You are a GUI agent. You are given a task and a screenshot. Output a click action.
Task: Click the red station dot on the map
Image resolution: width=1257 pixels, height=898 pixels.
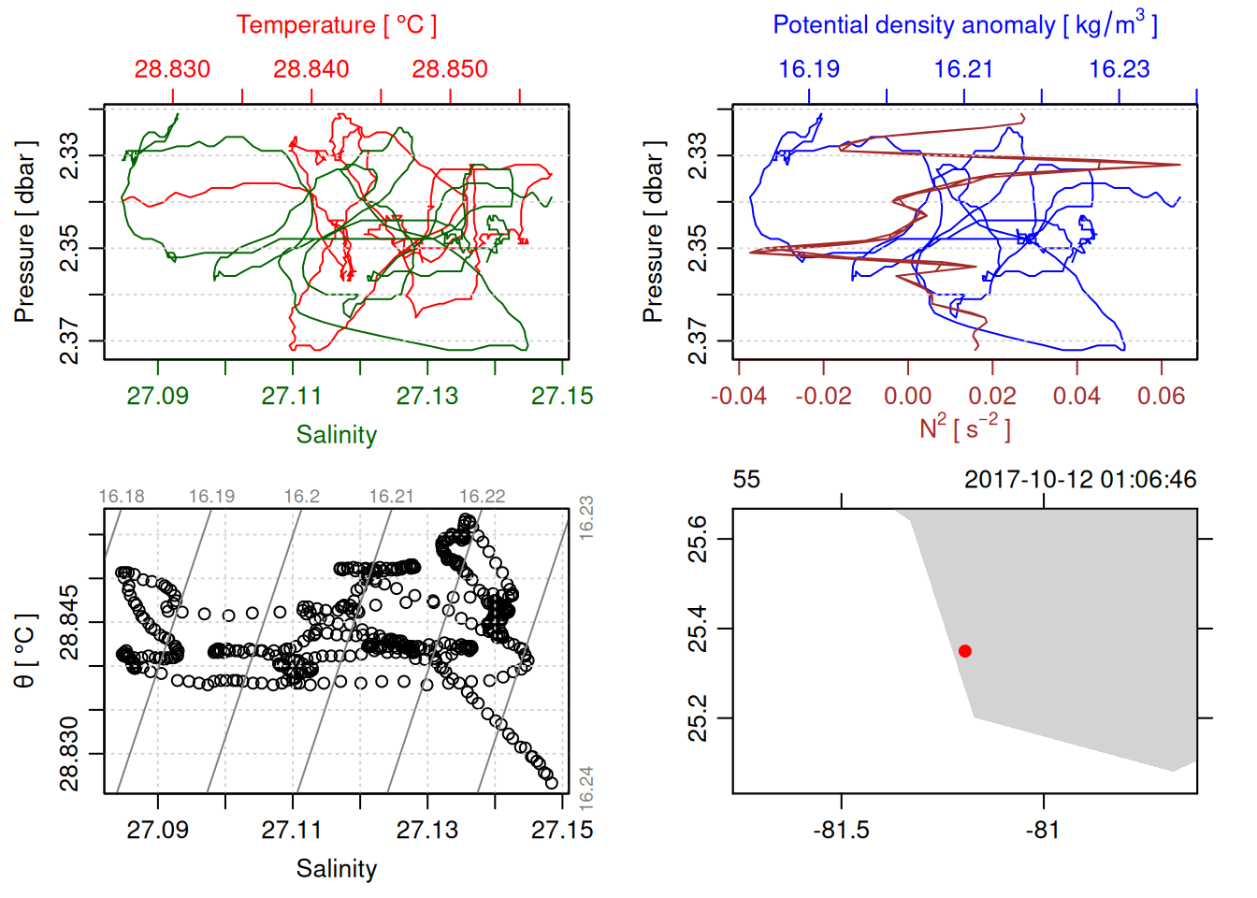click(964, 651)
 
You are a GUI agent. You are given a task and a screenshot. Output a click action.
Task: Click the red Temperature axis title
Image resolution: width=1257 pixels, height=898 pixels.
click(336, 25)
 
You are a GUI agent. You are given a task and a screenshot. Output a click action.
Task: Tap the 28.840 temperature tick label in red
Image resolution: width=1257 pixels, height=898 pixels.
click(311, 69)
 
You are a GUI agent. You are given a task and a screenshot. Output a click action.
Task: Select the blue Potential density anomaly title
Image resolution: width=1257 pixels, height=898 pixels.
click(964, 24)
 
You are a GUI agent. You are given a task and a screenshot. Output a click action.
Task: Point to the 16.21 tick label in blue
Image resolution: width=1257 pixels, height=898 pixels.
click(963, 69)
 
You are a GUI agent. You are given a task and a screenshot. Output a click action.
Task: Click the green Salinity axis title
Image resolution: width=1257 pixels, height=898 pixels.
click(336, 435)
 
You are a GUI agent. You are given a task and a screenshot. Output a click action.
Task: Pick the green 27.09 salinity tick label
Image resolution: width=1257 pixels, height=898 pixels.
click(157, 396)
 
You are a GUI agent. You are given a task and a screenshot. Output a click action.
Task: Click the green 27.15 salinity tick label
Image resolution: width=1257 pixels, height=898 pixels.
click(562, 396)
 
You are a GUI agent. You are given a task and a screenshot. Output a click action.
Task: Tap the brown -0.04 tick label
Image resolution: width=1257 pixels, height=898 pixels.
click(738, 397)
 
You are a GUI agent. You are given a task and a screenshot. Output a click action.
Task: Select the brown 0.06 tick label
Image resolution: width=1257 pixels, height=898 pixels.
click(1161, 397)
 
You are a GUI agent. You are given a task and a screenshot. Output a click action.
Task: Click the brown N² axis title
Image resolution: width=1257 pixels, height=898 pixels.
click(964, 428)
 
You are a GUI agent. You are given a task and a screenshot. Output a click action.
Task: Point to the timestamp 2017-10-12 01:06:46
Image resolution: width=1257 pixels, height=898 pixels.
click(1080, 480)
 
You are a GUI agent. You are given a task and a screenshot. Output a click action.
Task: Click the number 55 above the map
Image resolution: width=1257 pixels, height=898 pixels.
click(746, 480)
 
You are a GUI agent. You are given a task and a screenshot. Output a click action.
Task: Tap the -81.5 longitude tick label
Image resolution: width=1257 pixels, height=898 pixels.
click(841, 831)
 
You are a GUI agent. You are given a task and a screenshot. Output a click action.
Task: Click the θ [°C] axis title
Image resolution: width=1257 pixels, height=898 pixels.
click(24, 650)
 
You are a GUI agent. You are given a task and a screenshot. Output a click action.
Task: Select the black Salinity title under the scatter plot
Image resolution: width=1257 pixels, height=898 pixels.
click(336, 869)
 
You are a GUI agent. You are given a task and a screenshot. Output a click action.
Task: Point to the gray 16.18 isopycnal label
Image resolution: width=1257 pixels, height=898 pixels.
click(122, 497)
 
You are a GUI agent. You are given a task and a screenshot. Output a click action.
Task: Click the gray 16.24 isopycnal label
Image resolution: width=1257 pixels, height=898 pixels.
click(585, 788)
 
